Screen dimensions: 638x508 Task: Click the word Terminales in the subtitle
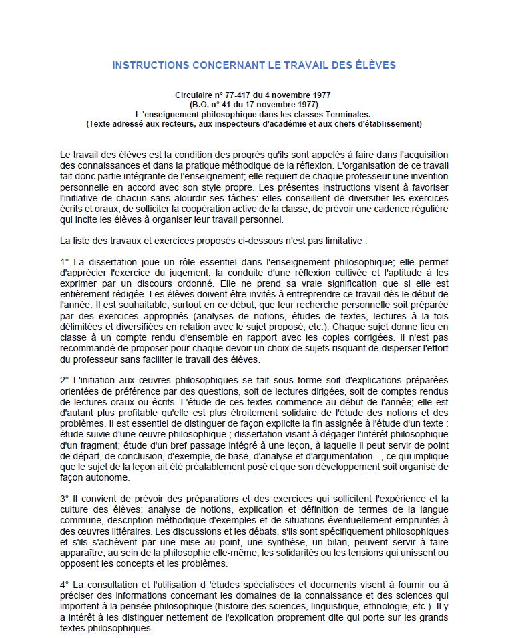347,114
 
